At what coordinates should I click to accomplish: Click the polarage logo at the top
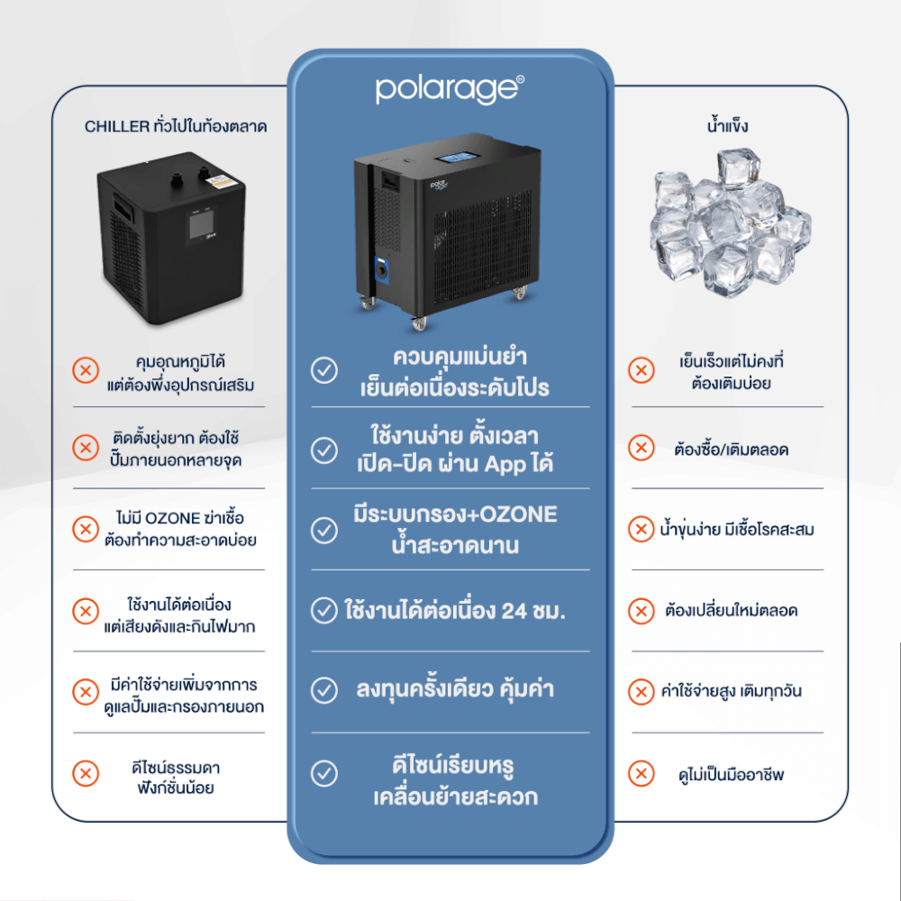(x=450, y=89)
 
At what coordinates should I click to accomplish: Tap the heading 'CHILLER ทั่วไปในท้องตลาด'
(x=176, y=126)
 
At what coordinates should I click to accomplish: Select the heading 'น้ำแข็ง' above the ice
(x=727, y=125)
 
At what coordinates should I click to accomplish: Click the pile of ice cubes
(x=730, y=222)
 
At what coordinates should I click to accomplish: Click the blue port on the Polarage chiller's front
(x=381, y=268)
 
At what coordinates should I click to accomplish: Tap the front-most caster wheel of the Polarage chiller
(x=420, y=323)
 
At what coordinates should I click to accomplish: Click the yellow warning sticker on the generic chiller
(x=221, y=182)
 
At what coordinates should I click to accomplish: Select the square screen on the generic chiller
(x=201, y=223)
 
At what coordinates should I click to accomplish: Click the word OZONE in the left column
(x=172, y=518)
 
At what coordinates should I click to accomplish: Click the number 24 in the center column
(x=514, y=611)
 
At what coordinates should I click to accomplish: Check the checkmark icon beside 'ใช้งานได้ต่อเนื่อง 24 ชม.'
(x=324, y=611)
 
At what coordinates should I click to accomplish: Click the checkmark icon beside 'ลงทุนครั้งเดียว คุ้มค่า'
(x=324, y=691)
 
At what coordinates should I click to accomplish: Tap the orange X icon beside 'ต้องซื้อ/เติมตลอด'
(x=642, y=448)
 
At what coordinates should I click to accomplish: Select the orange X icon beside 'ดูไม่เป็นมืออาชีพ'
(x=642, y=773)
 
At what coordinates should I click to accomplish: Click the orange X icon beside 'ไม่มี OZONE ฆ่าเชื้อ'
(x=86, y=529)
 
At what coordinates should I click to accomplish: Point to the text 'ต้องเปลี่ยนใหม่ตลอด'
(x=732, y=610)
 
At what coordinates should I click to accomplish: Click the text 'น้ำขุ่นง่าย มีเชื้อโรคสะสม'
(x=737, y=529)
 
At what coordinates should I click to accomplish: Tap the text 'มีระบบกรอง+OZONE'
(x=455, y=514)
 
